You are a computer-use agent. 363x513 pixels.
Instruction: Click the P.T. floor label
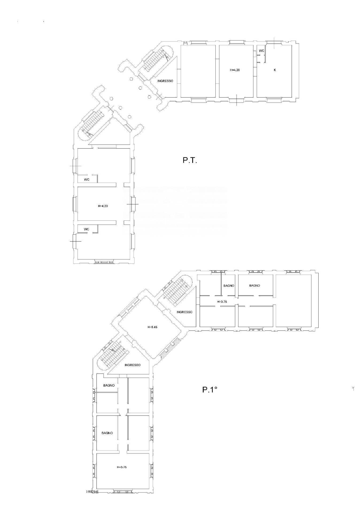coord(190,161)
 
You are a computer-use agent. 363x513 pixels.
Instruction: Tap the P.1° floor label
coord(209,390)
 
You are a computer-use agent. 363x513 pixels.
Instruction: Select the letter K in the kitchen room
coord(275,70)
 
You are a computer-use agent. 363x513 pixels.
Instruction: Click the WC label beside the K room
coord(261,51)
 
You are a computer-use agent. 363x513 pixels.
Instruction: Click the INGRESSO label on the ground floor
coord(165,81)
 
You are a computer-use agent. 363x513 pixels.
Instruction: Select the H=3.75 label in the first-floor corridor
coord(222,302)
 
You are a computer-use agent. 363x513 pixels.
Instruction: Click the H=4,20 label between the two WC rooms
coord(103,206)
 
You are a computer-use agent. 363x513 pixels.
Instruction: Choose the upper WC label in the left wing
coord(87,180)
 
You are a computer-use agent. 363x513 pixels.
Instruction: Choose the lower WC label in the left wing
coord(86,229)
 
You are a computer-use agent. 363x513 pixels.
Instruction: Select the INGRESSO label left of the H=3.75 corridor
coord(184,312)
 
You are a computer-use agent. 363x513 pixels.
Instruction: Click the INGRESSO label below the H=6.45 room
coord(133,365)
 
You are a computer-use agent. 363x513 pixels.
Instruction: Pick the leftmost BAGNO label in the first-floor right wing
coord(229,286)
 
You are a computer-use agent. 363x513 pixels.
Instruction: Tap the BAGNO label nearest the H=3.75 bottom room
coord(107,433)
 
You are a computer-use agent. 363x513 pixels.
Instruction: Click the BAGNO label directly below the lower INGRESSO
coord(109,385)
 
